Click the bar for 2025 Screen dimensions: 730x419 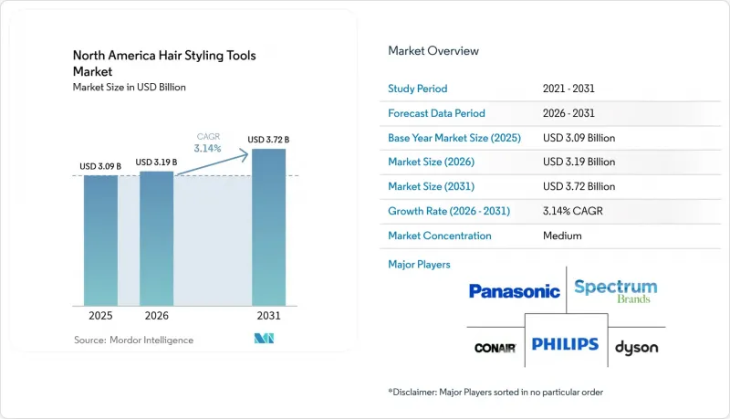pyautogui.click(x=100, y=241)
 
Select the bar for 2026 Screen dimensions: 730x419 pyautogui.click(x=156, y=239)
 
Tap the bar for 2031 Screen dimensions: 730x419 pyautogui.click(x=268, y=227)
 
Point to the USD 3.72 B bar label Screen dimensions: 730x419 pyautogui.click(x=268, y=140)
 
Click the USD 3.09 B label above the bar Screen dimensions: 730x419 pyautogui.click(x=100, y=166)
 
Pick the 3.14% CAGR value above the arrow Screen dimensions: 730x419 pyautogui.click(x=208, y=149)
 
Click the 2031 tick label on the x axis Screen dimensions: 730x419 pyautogui.click(x=268, y=316)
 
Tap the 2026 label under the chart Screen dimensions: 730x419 pyautogui.click(x=156, y=316)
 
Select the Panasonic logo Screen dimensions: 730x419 pyautogui.click(x=515, y=291)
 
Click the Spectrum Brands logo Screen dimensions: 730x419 pyautogui.click(x=615, y=291)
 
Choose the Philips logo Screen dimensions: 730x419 pyautogui.click(x=565, y=344)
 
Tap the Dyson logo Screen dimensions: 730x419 pyautogui.click(x=636, y=347)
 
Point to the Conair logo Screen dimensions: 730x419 pyautogui.click(x=495, y=348)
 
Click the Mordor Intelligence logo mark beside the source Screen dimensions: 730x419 pyautogui.click(x=264, y=339)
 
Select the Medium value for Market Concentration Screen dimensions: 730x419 pyautogui.click(x=562, y=236)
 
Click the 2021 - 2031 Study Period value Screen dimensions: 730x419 pyautogui.click(x=568, y=89)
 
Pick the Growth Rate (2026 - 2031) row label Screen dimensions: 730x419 pyautogui.click(x=449, y=211)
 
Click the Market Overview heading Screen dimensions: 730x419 pyautogui.click(x=433, y=51)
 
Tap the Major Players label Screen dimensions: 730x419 pyautogui.click(x=419, y=265)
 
